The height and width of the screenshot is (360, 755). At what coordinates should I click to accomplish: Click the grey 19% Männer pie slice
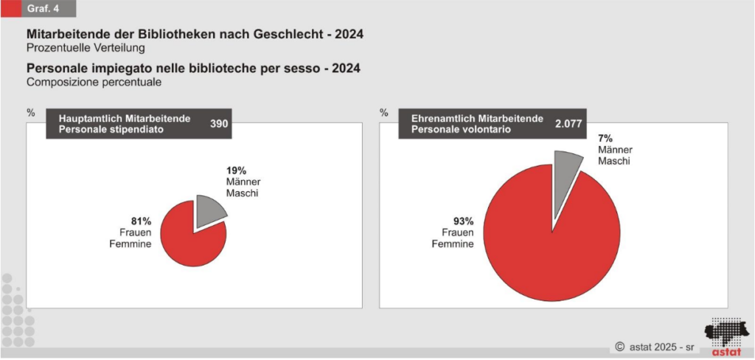click(210, 211)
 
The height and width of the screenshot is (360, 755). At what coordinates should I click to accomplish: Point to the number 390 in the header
click(219, 124)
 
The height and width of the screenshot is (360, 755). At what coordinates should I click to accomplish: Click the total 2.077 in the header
click(568, 124)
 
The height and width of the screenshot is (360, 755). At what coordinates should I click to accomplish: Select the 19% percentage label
click(236, 170)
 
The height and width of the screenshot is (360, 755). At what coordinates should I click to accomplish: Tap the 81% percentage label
click(142, 221)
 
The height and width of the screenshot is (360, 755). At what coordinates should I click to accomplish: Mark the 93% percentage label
click(463, 221)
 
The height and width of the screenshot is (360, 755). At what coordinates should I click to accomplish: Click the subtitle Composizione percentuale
click(94, 83)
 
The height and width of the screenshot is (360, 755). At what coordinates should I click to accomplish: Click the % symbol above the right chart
click(383, 113)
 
